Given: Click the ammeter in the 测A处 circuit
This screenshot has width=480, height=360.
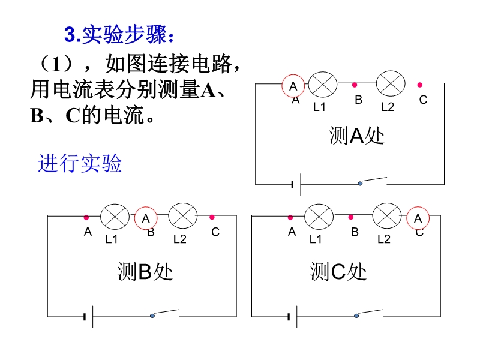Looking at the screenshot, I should [293, 86].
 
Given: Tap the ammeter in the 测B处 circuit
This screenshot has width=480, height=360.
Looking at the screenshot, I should [146, 219].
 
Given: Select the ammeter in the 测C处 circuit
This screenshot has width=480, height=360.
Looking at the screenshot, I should [418, 219].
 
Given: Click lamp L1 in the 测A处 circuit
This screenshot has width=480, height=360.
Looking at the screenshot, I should [321, 84].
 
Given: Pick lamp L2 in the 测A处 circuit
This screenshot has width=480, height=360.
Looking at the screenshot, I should [389, 83].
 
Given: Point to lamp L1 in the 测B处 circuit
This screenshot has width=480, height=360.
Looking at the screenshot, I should [113, 216].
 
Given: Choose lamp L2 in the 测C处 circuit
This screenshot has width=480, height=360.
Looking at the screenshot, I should [386, 217].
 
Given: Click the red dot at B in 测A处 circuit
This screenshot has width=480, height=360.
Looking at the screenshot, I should [355, 85].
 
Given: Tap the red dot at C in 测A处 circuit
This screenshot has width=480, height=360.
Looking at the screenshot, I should [420, 85].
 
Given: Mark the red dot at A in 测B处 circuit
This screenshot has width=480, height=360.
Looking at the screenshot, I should [86, 217].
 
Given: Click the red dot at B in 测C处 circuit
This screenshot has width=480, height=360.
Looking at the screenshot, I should [351, 217].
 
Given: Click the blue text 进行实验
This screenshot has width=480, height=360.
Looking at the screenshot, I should [80, 163].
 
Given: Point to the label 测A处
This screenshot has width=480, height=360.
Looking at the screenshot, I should [356, 136].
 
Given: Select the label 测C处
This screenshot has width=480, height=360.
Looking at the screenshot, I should [338, 272].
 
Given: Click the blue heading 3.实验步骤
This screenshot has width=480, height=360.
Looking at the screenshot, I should [119, 35].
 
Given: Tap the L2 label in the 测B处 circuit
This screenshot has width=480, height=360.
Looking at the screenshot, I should [180, 239].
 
